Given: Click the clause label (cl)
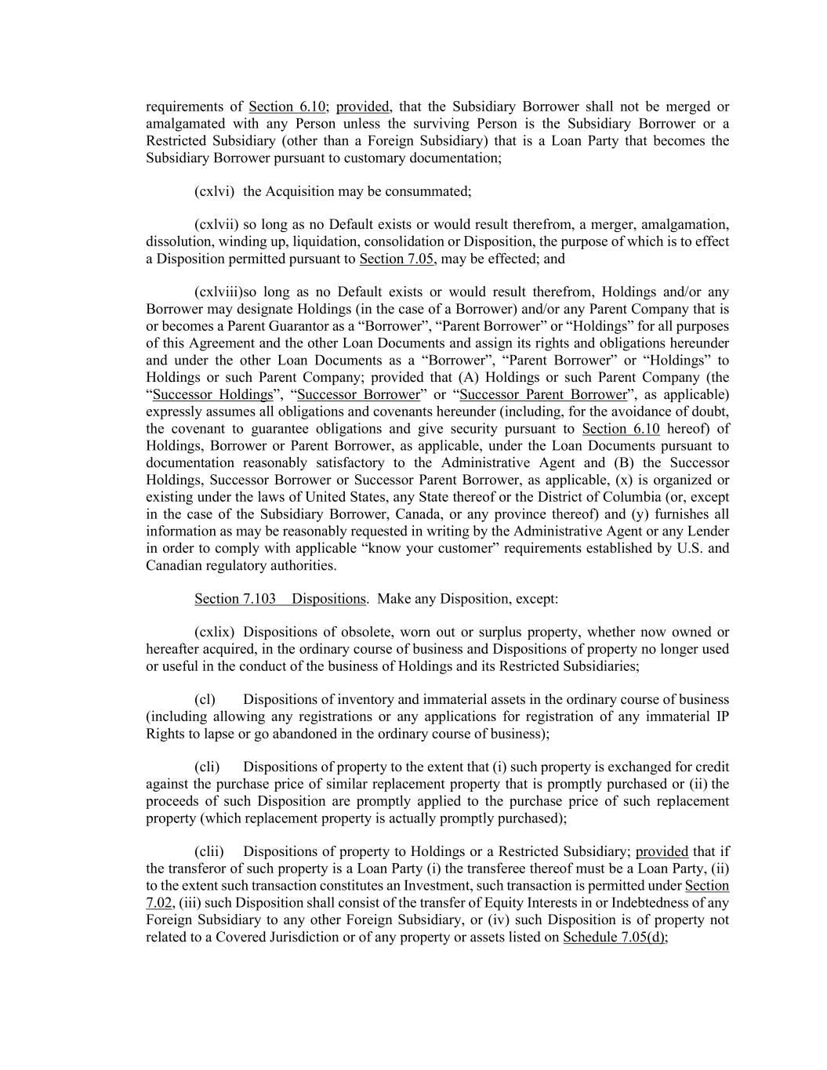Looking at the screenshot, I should tap(205, 699).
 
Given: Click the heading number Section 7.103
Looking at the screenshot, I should tap(235, 599).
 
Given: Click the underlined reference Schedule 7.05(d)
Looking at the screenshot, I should tap(615, 937).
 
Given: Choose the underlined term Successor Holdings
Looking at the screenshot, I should tap(212, 394).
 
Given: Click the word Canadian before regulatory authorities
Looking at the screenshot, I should tap(172, 565).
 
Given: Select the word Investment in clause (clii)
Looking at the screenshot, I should tap(441, 886).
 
